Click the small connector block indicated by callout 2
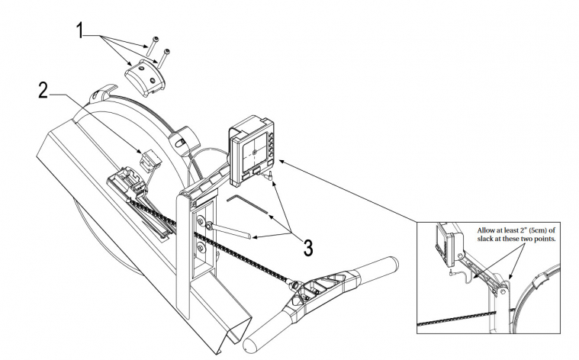pyautogui.click(x=148, y=162)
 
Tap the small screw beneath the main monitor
pyautogui.click(x=269, y=175)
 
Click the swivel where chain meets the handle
pyautogui.click(x=293, y=283)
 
